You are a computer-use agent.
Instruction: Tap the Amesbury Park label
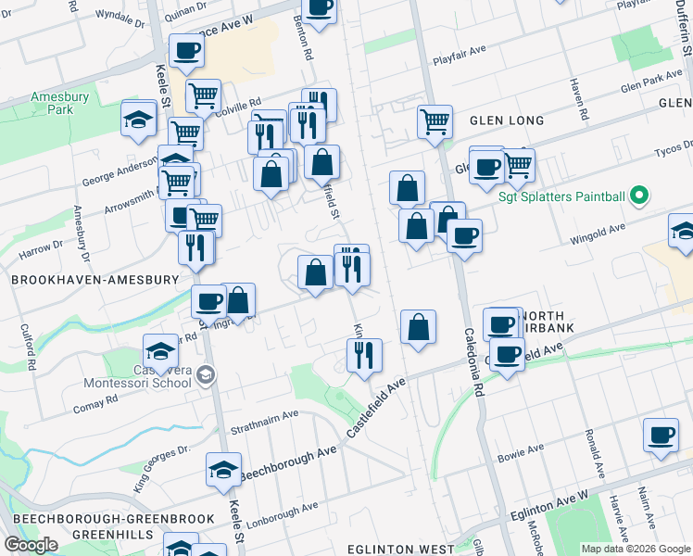(52, 103)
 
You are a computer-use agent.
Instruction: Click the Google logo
(31, 545)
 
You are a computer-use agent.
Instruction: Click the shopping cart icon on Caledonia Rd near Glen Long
(435, 120)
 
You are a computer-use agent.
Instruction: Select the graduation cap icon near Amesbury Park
(138, 120)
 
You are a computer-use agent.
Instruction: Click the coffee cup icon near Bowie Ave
(661, 436)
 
